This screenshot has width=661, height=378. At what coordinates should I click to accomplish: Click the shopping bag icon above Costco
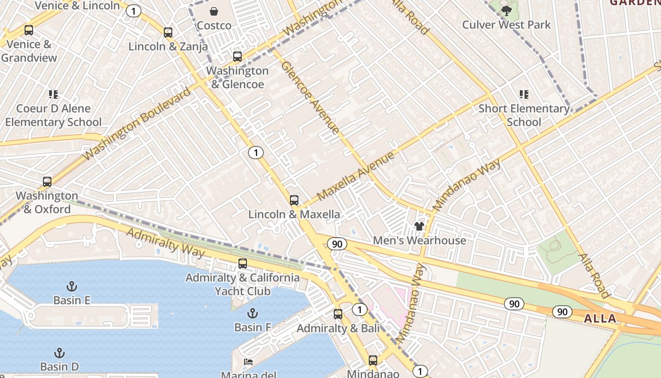214,11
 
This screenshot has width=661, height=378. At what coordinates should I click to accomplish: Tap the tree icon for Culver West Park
506,10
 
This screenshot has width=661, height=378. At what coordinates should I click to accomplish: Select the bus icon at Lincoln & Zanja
168,33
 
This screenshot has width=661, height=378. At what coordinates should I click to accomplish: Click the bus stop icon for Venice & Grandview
29,30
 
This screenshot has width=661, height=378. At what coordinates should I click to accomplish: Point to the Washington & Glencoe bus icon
237,57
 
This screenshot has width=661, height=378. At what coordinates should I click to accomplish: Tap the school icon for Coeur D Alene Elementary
53,94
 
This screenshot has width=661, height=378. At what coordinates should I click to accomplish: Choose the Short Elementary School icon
524,94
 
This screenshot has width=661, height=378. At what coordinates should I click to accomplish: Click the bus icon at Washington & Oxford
47,182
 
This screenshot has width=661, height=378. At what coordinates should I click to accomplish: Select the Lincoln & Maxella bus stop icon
294,200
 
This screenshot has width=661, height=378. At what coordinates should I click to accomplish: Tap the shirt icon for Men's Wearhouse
419,226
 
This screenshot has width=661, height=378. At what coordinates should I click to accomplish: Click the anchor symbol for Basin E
72,286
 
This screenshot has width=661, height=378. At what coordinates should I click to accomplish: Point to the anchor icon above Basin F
253,313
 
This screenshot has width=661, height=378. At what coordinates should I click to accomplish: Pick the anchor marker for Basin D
59,353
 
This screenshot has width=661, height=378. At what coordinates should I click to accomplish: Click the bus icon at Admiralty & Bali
338,314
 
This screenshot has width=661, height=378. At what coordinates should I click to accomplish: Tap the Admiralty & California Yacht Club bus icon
243,264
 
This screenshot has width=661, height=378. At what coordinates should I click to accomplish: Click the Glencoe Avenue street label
310,97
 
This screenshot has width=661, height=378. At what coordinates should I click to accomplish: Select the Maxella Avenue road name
356,176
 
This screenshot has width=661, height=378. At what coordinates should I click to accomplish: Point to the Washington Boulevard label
137,124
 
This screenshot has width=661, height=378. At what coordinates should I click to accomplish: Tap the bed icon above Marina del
248,362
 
